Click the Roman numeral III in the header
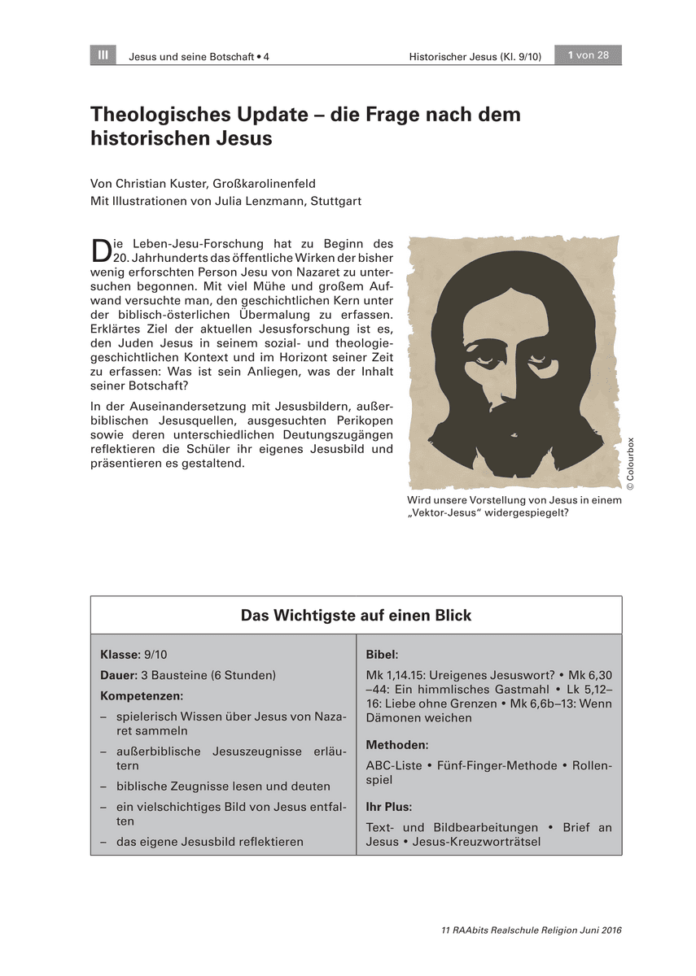click(x=103, y=55)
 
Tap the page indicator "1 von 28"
click(x=588, y=55)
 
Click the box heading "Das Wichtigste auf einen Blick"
click(x=356, y=616)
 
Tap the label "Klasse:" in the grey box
click(x=120, y=654)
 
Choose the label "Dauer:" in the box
click(x=119, y=675)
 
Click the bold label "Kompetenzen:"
click(x=142, y=695)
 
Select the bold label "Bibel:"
click(x=382, y=654)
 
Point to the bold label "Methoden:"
click(x=397, y=744)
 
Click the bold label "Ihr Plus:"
click(x=389, y=807)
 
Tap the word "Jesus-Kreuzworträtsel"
click(x=477, y=842)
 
